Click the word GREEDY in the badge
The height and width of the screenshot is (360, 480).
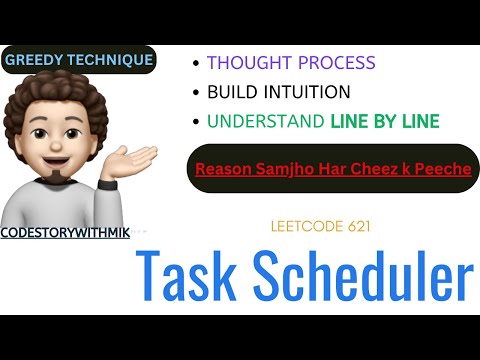coord(34,60)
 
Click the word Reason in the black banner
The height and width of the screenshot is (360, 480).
coord(223,169)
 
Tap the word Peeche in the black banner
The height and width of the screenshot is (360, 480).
coord(443,169)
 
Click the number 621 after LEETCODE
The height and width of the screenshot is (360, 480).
coord(357,227)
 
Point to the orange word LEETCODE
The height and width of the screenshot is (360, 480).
coord(306,227)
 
